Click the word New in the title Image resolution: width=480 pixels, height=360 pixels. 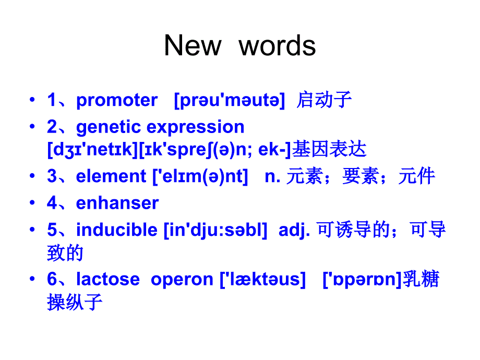[x=193, y=45]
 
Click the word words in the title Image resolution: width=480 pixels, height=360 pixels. [x=277, y=46]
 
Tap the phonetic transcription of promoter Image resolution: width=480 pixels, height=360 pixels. [x=230, y=100]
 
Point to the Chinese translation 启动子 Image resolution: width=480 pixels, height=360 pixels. [x=324, y=100]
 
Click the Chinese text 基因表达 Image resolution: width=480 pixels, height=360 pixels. [x=329, y=149]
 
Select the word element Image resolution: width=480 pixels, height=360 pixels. [x=111, y=176]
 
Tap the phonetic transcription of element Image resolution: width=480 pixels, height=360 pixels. [x=200, y=177]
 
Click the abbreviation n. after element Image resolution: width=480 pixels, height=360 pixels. [x=272, y=177]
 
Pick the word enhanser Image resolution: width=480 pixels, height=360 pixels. [x=117, y=203]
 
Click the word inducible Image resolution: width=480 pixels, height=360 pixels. [x=117, y=230]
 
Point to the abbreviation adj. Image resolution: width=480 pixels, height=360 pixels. [x=294, y=231]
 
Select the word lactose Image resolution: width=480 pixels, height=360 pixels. [x=108, y=279]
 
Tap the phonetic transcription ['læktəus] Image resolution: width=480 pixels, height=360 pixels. [x=262, y=279]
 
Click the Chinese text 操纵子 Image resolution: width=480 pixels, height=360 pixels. [x=75, y=302]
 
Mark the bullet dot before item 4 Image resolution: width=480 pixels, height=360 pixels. [x=32, y=202]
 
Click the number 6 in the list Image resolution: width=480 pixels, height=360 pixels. [x=52, y=279]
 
